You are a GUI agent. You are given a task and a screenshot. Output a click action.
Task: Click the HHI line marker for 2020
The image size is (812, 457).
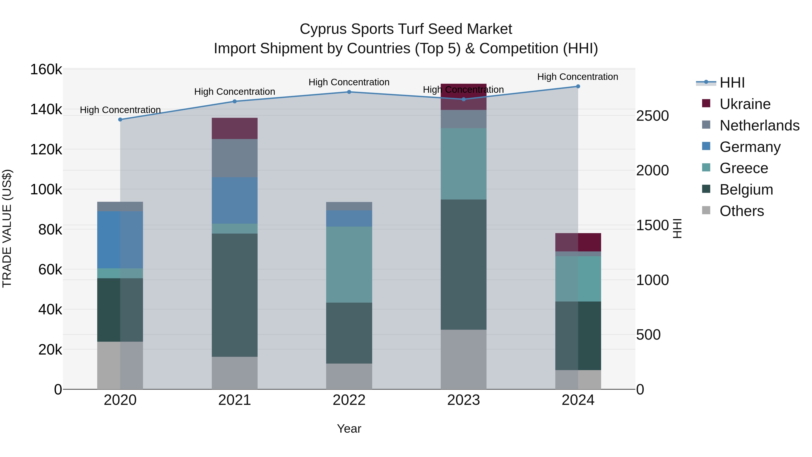click(120, 120)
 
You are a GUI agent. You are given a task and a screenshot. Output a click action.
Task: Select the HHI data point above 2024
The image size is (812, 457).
click(578, 86)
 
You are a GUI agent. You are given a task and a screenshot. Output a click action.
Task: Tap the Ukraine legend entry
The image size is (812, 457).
click(745, 104)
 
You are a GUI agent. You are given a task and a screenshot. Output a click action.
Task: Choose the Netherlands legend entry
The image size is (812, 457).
click(759, 125)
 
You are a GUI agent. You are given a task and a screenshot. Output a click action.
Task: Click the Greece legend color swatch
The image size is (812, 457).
click(706, 167)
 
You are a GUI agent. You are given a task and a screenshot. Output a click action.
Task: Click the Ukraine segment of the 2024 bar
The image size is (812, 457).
click(578, 242)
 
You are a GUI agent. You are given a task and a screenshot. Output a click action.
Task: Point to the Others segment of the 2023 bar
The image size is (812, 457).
click(463, 359)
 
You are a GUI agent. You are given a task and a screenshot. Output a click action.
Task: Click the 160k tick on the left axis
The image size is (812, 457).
click(46, 69)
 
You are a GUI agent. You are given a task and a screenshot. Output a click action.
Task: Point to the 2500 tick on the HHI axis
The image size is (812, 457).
click(652, 116)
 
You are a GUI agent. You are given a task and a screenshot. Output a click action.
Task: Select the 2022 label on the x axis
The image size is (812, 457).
click(349, 400)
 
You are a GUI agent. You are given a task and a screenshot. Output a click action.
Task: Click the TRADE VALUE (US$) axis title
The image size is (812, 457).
click(7, 228)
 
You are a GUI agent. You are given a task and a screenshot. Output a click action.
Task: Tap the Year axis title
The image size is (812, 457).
click(349, 429)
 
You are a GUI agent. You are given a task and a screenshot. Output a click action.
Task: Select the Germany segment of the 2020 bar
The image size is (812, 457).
click(120, 240)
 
